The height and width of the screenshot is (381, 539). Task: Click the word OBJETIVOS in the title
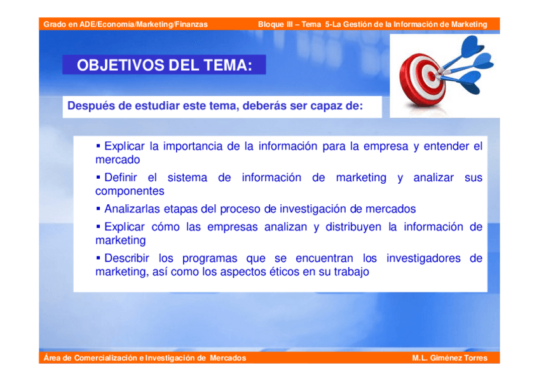click(x=121, y=65)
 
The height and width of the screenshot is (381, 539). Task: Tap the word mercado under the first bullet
click(x=118, y=160)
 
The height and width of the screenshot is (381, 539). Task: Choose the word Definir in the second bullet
click(x=121, y=177)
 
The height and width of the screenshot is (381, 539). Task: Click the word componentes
click(x=130, y=191)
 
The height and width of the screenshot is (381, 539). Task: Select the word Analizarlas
click(x=132, y=209)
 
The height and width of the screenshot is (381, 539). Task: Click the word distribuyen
click(x=353, y=227)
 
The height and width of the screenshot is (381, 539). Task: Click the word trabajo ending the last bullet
click(x=351, y=272)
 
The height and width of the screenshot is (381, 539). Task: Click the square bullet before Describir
click(x=99, y=257)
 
